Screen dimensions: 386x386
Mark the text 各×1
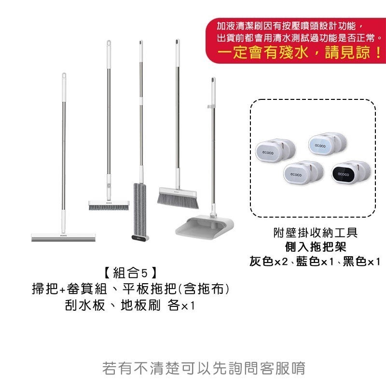(x=180, y=306)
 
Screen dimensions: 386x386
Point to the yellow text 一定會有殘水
(x=267, y=52)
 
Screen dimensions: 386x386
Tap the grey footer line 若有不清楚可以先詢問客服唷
(x=204, y=368)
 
